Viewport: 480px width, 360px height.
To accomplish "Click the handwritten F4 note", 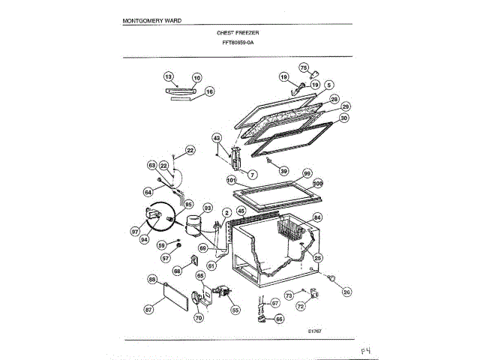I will pyautogui.click(x=365, y=349).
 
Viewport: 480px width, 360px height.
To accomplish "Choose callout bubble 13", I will pyautogui.click(x=168, y=77).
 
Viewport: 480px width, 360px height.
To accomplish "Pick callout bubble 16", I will pyautogui.click(x=209, y=91).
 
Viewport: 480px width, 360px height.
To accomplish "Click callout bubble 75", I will pyautogui.click(x=304, y=67).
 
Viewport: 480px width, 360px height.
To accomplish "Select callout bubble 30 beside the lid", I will pyautogui.click(x=343, y=118).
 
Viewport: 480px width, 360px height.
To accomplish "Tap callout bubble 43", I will pyautogui.click(x=216, y=138).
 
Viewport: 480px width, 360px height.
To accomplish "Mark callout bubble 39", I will pyautogui.click(x=283, y=171).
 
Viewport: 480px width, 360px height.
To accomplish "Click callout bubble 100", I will pyautogui.click(x=317, y=183).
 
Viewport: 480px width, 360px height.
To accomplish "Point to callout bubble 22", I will pyautogui.click(x=190, y=151).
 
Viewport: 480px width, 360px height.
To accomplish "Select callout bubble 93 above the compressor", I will pyautogui.click(x=208, y=208).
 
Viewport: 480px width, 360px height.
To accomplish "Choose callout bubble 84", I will pyautogui.click(x=317, y=218).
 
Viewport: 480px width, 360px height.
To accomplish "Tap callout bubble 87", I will pyautogui.click(x=148, y=309).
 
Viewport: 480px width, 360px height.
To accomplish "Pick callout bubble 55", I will pyautogui.click(x=235, y=309).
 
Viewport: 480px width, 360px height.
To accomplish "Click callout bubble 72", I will pyautogui.click(x=301, y=307).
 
